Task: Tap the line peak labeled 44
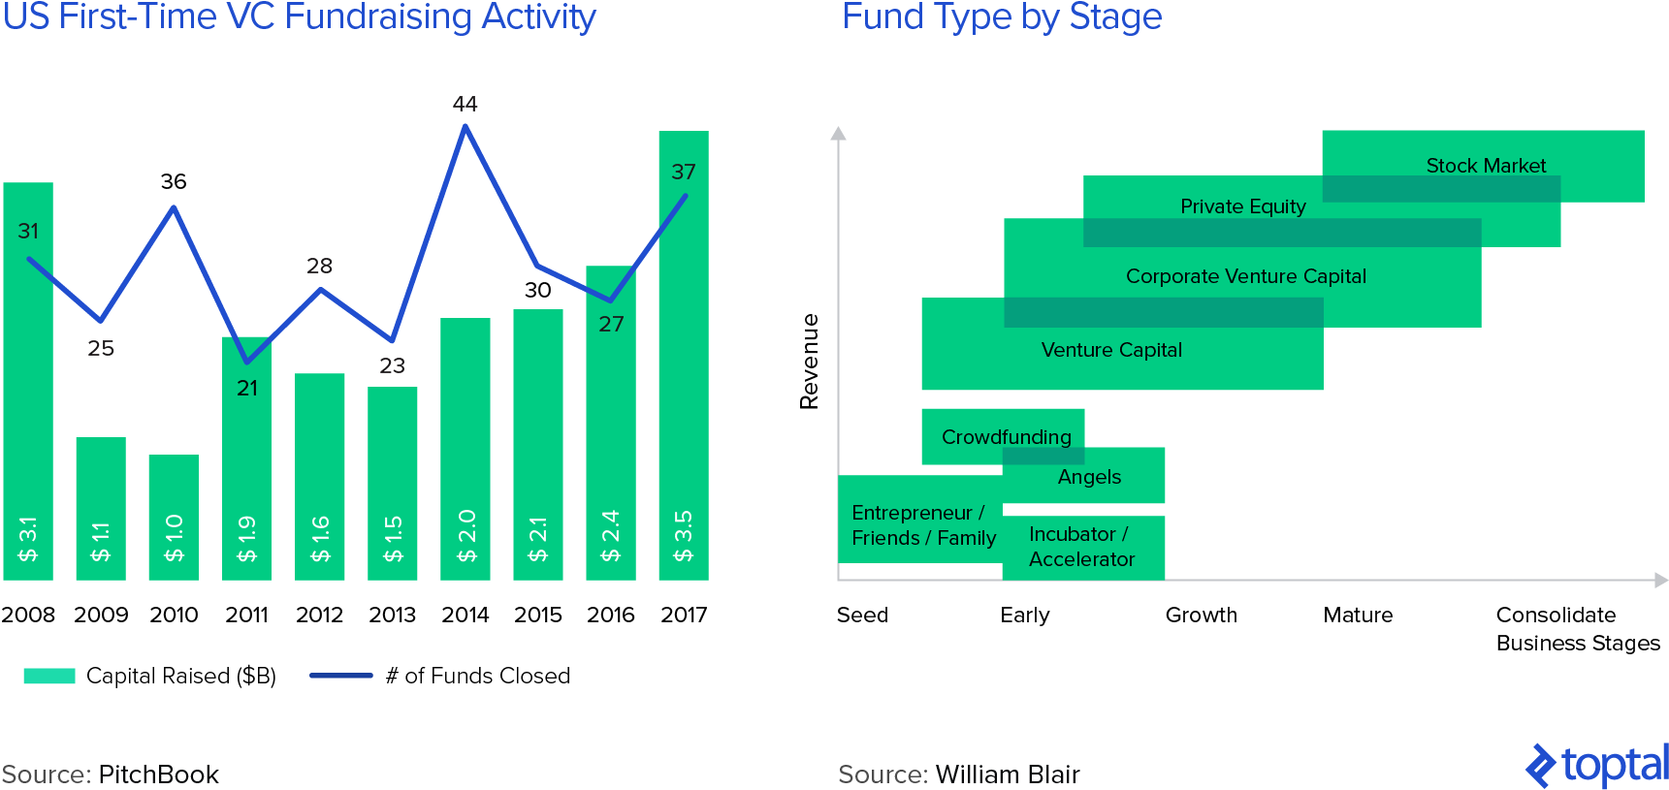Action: pos(465,127)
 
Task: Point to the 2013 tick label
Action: pos(392,615)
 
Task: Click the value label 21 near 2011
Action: pos(247,388)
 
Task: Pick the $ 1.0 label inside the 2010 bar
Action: pos(174,537)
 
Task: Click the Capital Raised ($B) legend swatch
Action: pos(49,676)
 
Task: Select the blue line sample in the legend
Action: pos(340,676)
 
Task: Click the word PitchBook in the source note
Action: pos(158,774)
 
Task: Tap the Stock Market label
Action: pos(1485,166)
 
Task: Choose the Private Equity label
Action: pos(1242,206)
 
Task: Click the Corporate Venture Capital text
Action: pos(1245,276)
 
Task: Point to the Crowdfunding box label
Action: pos(1006,437)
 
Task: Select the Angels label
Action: pos(1089,477)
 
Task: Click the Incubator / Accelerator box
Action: pos(1082,548)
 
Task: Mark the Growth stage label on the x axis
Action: pos(1201,615)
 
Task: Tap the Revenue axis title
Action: pos(809,361)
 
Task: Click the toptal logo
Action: pos(1596,766)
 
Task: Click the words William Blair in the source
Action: pos(1007,774)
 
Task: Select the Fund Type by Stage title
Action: pos(1001,17)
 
